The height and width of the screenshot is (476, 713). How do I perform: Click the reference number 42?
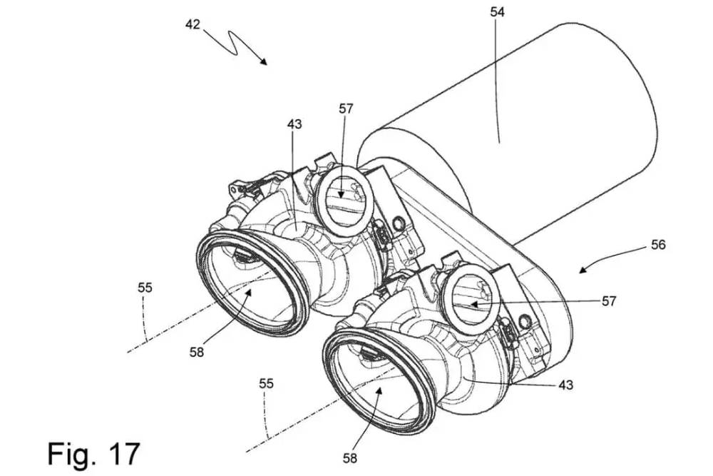(x=193, y=24)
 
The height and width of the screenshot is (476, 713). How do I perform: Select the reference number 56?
(x=657, y=245)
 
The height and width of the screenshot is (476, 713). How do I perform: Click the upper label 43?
(x=294, y=123)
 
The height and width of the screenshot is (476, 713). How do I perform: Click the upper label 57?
(x=346, y=108)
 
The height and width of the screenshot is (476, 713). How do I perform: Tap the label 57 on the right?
(x=608, y=301)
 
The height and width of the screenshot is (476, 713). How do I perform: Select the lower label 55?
(x=266, y=383)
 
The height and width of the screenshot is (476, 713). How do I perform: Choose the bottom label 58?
(x=349, y=457)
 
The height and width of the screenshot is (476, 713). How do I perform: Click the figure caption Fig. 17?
(x=93, y=452)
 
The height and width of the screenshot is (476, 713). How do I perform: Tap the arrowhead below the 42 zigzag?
(x=265, y=63)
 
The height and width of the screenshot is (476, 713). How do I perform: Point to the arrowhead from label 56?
(x=581, y=270)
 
